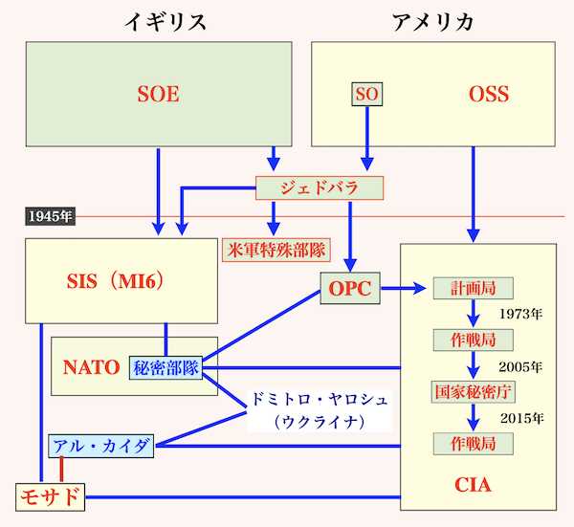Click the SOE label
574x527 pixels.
coord(158,94)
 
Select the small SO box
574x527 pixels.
coord(366,94)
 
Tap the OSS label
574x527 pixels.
coord(489,94)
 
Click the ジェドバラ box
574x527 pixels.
coord(320,188)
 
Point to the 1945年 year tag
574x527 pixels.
coord(50,216)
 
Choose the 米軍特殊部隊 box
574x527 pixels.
coord(276,250)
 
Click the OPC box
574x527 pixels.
coord(350,289)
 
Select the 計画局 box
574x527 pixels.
coord(473,288)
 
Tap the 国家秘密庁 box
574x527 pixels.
coord(473,392)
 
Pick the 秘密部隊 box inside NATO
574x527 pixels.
coord(166,367)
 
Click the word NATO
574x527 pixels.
coord(91,367)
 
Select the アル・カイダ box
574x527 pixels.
coord(101,446)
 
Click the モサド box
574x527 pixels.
coord(50,497)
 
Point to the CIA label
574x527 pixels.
coord(473,485)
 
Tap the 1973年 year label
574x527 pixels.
coord(520,314)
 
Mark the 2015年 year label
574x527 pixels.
coord(521,418)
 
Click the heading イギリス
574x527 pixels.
coord(166,21)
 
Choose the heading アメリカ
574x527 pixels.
coord(432,21)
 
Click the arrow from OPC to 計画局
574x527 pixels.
coord(404,289)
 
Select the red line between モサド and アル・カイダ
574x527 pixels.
coord(61,470)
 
